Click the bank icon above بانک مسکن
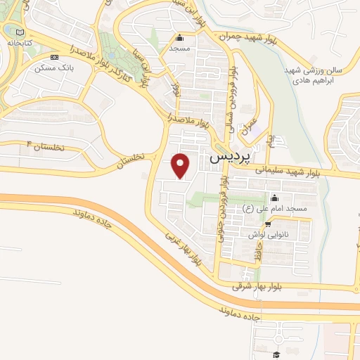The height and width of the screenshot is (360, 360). pos(55,57)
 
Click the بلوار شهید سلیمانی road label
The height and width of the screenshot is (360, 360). pos(299,168)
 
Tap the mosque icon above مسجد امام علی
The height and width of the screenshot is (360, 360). pos(274,198)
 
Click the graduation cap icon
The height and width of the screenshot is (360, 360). pos(276,353)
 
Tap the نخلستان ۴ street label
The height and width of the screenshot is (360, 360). pos(44,145)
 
